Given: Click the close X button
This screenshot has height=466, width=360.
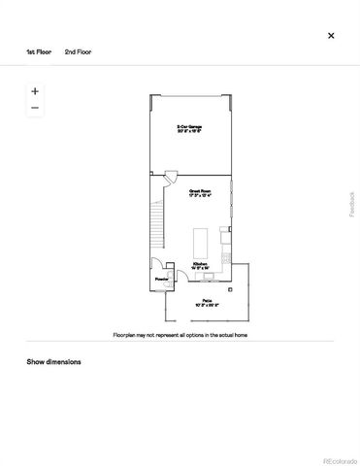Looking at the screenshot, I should point(331,35).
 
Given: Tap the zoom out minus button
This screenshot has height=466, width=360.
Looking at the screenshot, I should point(35,108).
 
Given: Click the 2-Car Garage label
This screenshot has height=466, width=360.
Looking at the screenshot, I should point(189,127).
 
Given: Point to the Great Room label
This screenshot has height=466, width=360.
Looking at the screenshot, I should point(202,193).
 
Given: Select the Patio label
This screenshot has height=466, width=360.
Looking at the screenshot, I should point(208,302).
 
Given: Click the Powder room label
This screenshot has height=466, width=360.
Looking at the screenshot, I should point(161,280).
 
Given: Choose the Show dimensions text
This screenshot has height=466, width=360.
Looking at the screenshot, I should point(53,362).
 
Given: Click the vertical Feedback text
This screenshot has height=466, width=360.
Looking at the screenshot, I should point(352,204).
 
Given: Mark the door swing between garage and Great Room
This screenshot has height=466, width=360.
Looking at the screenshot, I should point(170,177).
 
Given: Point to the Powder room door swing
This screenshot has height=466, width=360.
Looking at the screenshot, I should point(157,265).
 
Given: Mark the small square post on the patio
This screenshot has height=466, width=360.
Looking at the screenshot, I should point(230,287).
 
